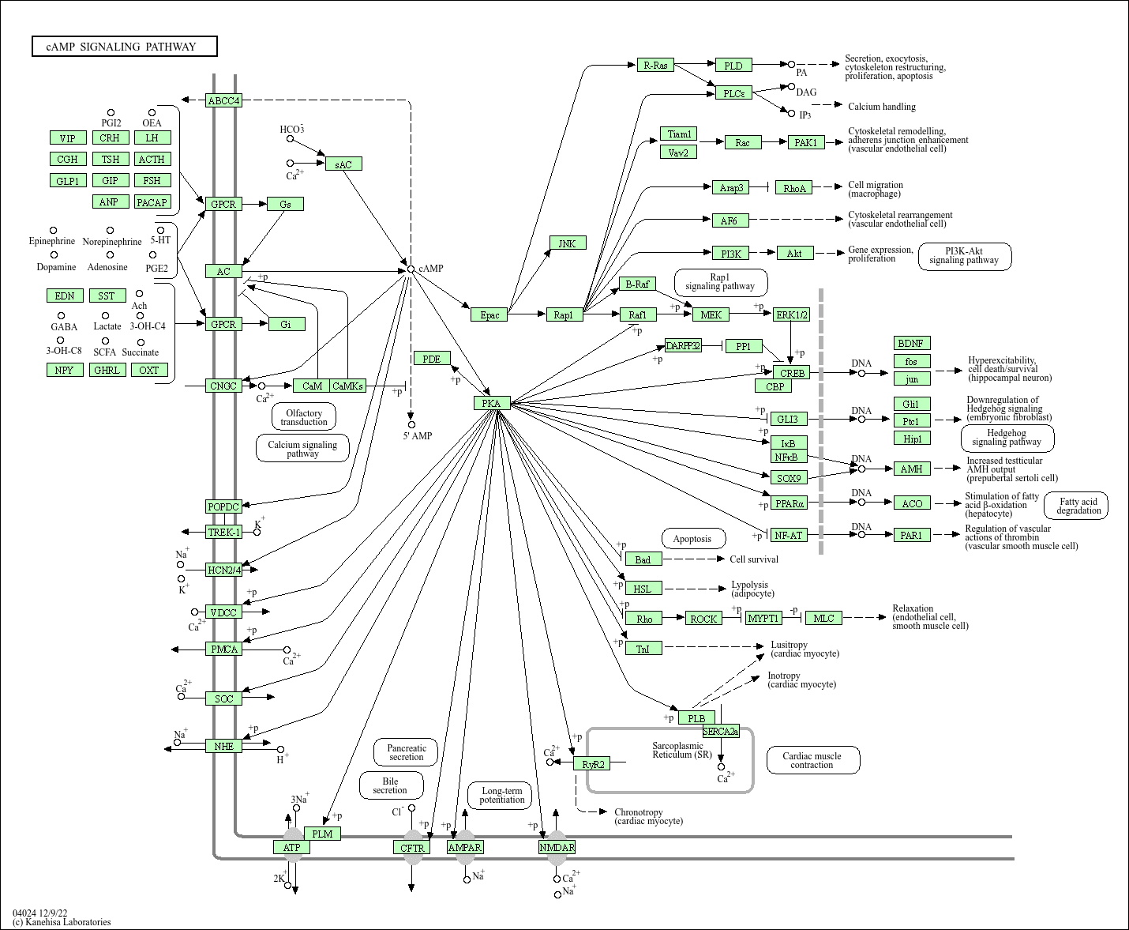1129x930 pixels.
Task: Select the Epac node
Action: tap(489, 314)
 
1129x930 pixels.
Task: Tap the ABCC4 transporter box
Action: tap(223, 100)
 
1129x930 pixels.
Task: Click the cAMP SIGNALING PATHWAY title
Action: tap(124, 47)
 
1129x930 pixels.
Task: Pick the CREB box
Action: tap(791, 373)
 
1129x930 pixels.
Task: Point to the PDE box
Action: tap(431, 359)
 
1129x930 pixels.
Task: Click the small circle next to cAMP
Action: tap(411, 269)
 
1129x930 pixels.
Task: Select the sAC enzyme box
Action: tap(343, 164)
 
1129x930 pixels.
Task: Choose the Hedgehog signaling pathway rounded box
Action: tap(1007, 438)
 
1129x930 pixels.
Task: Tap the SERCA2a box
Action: tap(721, 732)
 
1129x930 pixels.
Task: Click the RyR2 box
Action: tap(593, 764)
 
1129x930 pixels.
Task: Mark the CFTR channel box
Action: tap(412, 848)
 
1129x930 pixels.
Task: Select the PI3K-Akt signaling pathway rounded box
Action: tap(964, 256)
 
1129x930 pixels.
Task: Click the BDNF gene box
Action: tap(912, 343)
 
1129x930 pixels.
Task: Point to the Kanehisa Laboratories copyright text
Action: tap(62, 921)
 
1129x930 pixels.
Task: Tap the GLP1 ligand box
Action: tap(67, 181)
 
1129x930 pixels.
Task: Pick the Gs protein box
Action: tap(285, 204)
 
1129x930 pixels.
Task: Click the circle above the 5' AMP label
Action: tap(411, 424)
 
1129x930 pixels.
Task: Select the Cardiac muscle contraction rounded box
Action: tap(812, 760)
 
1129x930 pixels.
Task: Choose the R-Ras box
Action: tap(656, 65)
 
